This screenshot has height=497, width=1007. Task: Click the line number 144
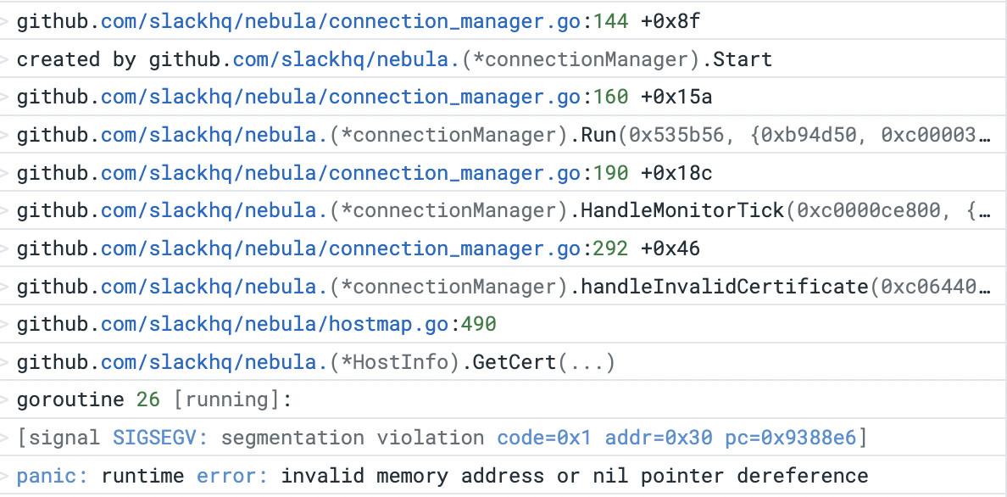click(611, 22)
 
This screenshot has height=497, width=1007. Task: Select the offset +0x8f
click(670, 22)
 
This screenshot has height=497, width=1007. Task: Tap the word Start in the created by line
click(743, 60)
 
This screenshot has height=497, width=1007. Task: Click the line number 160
click(611, 98)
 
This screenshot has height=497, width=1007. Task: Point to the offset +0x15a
click(676, 98)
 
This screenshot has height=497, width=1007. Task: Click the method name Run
click(599, 136)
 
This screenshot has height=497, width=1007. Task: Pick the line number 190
click(611, 174)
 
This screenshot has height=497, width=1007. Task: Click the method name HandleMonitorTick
click(682, 211)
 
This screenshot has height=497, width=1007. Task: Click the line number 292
click(611, 249)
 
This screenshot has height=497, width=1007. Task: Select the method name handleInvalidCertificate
click(725, 287)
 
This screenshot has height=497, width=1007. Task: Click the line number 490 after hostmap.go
click(479, 325)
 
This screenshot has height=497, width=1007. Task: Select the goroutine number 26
click(148, 400)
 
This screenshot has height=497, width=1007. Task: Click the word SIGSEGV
click(160, 438)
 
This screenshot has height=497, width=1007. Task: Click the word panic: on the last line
click(53, 476)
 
